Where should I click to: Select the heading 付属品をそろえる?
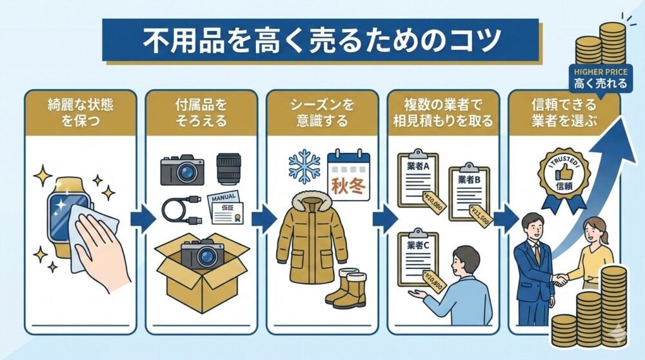(201, 112)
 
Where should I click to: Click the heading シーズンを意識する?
(321, 112)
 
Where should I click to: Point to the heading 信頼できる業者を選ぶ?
(564, 112)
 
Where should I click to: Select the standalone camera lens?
(229, 170)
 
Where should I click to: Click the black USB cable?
(180, 210)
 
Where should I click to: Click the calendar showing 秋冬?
(348, 172)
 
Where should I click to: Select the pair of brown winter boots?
(346, 288)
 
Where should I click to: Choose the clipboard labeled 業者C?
(419, 259)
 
